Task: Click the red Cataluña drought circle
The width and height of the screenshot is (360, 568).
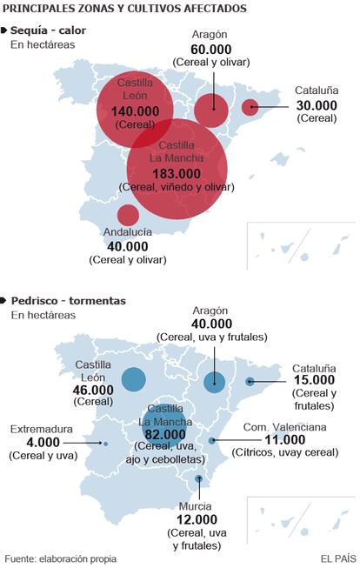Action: pos(250,107)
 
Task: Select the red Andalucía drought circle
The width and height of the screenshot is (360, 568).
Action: pos(128,215)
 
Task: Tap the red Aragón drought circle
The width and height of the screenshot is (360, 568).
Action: pos(211,110)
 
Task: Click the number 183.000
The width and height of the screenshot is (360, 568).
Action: pos(177,174)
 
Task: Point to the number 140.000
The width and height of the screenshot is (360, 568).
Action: pos(135,111)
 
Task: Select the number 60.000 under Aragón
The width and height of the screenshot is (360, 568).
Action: pos(211,50)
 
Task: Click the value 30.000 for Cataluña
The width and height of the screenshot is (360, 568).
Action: pos(317,105)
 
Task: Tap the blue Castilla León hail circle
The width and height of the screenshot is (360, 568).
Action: pos(134,379)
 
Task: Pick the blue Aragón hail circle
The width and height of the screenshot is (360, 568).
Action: pos(215,383)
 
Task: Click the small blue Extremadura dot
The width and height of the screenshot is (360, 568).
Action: pos(105,444)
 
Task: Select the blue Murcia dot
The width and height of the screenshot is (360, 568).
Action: pos(198,479)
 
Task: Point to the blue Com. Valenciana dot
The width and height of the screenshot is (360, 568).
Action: pos(212,441)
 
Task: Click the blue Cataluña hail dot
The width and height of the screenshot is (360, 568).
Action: pos(250,381)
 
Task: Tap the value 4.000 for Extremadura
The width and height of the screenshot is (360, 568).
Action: pos(43,443)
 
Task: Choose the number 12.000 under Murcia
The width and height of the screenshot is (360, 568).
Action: pos(197,520)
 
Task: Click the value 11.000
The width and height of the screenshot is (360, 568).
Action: pos(285,440)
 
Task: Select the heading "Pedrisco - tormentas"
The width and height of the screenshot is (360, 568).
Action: pos(69,301)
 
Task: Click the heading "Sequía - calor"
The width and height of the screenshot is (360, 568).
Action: pos(48,30)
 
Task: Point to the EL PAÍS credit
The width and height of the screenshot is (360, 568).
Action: pos(338,558)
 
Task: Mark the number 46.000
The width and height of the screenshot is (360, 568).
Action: pos(93,391)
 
